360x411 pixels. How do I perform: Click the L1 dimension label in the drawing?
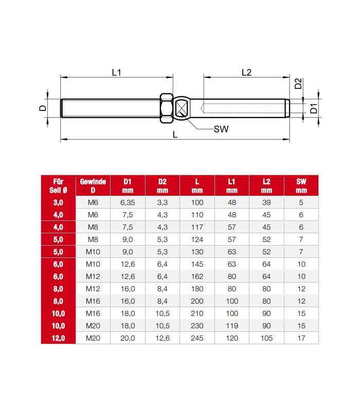coord(116,72)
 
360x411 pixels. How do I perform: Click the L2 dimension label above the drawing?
coord(246,72)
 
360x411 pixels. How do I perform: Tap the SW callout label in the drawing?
coord(221,129)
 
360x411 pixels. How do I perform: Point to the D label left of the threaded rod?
coord(43,108)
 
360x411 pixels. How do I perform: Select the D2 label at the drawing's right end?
coord(298,84)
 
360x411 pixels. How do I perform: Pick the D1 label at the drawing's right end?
coord(314,108)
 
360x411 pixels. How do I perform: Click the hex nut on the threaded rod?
coord(167,108)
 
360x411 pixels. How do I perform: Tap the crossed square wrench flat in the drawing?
coord(182,108)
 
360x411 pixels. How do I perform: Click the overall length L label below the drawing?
coord(175,135)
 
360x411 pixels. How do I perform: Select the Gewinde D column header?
coord(93,186)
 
